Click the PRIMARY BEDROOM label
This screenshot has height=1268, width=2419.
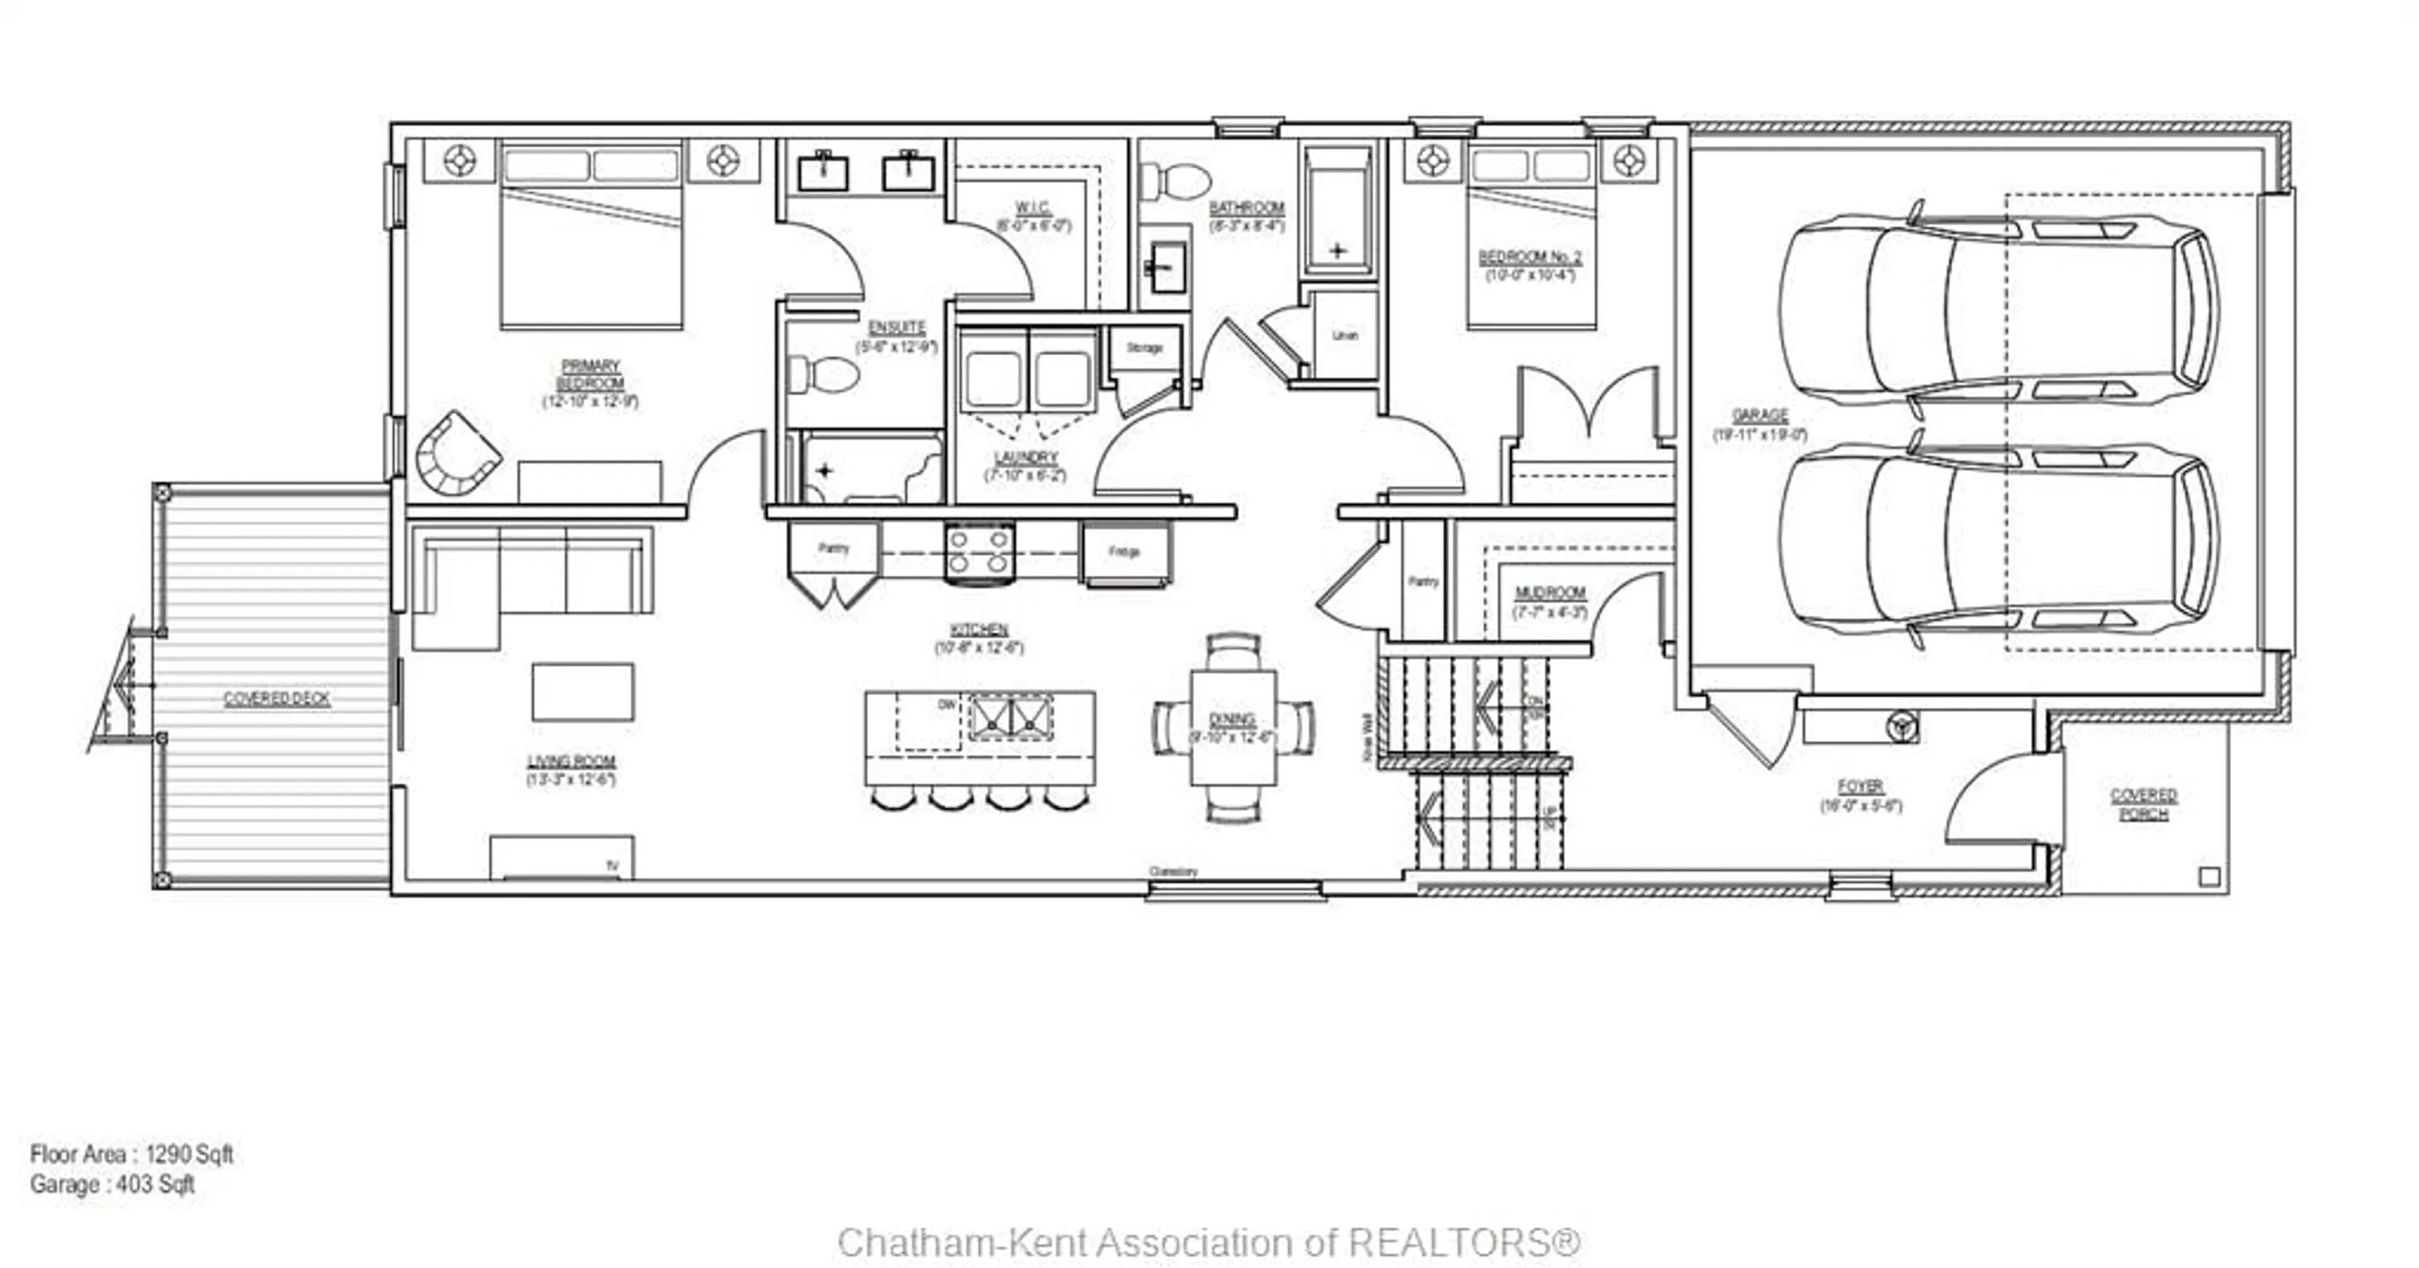[x=591, y=375]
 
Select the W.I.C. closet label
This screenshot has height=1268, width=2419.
[x=1033, y=208]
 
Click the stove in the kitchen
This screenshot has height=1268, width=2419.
[x=980, y=552]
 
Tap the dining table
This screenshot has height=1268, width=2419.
[x=1233, y=727]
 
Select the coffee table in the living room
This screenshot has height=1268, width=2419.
[x=582, y=693]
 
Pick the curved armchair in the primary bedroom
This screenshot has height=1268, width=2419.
[x=456, y=455]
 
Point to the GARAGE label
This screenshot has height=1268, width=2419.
[x=1760, y=416]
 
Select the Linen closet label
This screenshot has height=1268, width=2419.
[x=1345, y=335]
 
